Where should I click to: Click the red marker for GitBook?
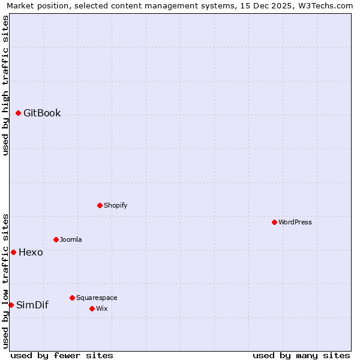click(18, 113)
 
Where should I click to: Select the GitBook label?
click(42, 113)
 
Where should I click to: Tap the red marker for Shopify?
click(100, 205)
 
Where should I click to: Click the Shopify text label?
click(115, 205)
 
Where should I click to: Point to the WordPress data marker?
click(274, 222)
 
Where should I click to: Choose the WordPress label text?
click(295, 222)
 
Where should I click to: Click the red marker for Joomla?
click(56, 239)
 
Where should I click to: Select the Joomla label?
click(71, 239)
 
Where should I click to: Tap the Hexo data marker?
click(13, 252)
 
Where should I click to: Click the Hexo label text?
click(31, 252)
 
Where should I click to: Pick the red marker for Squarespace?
click(72, 298)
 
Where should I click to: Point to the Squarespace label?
click(97, 298)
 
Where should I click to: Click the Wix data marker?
click(92, 308)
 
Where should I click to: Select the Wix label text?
click(101, 308)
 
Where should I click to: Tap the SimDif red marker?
click(11, 305)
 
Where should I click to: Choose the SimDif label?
click(32, 305)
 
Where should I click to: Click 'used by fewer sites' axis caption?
click(62, 355)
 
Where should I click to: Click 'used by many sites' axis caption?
click(301, 355)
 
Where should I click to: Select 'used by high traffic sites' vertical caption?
click(5, 85)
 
